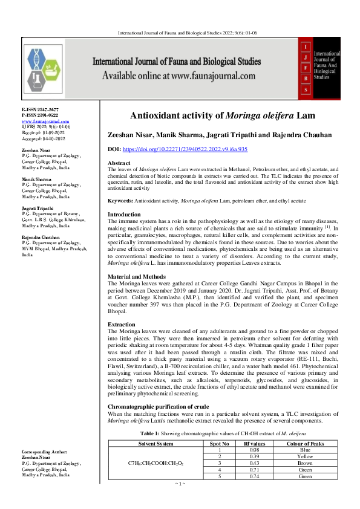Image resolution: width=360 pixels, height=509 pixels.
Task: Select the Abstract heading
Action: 119,164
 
